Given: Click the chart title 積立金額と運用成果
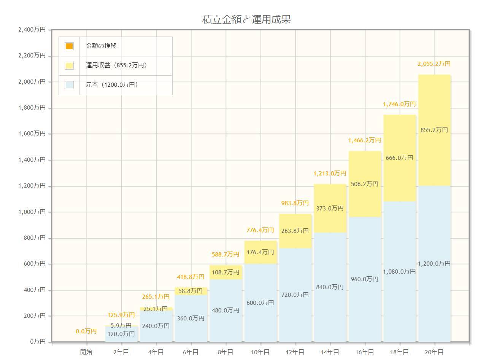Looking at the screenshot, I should click(x=246, y=19).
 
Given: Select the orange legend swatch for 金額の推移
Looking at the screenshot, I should click(x=69, y=46).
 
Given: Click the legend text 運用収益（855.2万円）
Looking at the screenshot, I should click(x=116, y=65).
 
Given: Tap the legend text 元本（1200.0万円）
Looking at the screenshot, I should click(x=111, y=85).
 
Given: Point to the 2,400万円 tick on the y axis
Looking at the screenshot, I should click(x=32, y=30).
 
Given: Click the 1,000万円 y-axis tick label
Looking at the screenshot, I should click(x=32, y=212).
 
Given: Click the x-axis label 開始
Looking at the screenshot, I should click(x=86, y=352).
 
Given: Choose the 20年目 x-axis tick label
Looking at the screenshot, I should click(x=434, y=352).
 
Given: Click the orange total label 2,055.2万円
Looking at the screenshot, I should click(x=434, y=64).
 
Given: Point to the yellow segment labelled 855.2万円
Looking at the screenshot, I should click(x=434, y=130).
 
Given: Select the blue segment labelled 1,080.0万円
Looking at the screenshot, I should click(x=399, y=272).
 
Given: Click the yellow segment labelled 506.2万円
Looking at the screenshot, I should click(x=365, y=184).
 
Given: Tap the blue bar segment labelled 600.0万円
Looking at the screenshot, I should click(x=260, y=303).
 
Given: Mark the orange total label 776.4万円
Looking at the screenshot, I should click(x=260, y=230).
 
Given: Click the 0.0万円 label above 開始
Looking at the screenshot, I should click(x=86, y=331).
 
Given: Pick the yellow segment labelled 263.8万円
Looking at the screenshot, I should click(x=295, y=231).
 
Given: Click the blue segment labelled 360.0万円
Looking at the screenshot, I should click(x=191, y=319).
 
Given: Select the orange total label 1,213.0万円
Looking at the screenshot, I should click(x=330, y=174).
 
